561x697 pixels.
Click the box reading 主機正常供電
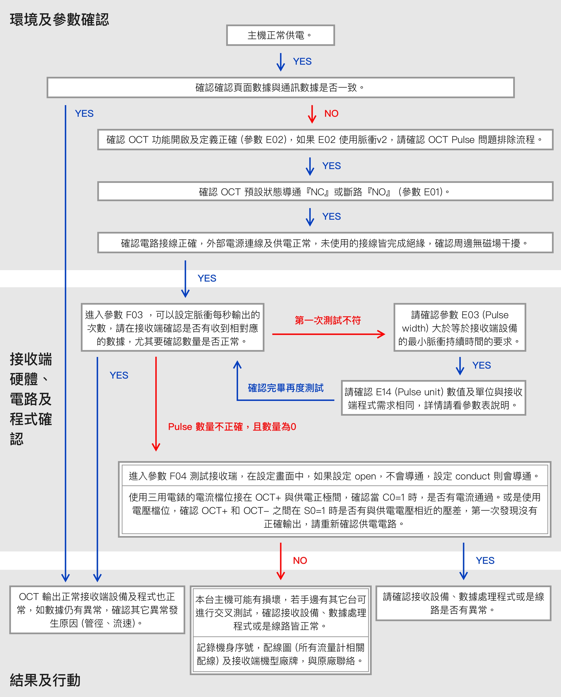click(x=280, y=35)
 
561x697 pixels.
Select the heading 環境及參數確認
click(x=59, y=20)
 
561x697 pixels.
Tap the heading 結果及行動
click(x=45, y=680)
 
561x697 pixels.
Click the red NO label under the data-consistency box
click(x=331, y=113)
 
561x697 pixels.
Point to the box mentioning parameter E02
click(x=325, y=140)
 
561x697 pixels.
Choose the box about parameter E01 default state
click(x=325, y=192)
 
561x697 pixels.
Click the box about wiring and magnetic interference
click(x=325, y=243)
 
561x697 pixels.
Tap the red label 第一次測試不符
click(x=328, y=320)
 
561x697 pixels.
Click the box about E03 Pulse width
click(x=459, y=328)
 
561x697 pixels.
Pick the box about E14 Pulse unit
click(x=433, y=398)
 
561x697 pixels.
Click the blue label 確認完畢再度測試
click(x=286, y=388)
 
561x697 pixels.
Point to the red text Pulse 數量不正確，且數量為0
click(x=232, y=427)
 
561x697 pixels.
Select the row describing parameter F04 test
click(x=335, y=476)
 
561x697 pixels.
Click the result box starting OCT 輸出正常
click(x=97, y=610)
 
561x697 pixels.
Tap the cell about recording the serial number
click(x=280, y=654)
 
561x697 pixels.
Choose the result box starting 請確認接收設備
click(x=463, y=603)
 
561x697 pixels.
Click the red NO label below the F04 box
click(x=300, y=560)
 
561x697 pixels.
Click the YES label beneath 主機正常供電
click(x=302, y=61)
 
